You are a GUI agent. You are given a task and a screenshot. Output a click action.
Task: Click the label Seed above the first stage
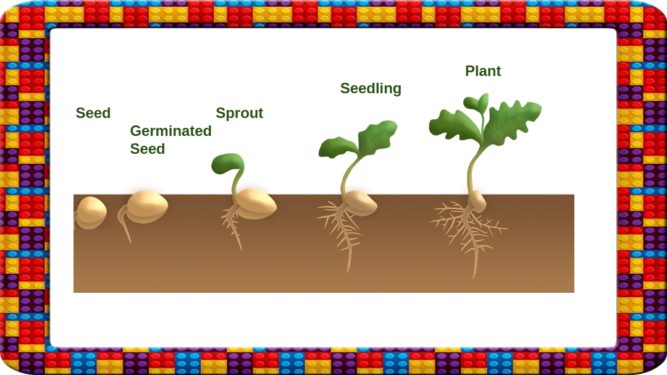(x=93, y=113)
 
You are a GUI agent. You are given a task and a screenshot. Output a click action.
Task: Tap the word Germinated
(x=170, y=131)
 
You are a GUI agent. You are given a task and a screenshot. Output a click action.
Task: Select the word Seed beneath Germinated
(x=148, y=149)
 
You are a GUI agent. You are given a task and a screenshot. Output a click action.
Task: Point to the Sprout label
(x=239, y=113)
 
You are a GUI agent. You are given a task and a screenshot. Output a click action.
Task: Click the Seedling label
(x=371, y=88)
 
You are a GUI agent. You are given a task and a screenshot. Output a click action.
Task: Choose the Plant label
(x=483, y=71)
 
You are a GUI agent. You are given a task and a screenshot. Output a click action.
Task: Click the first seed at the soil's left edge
(x=91, y=211)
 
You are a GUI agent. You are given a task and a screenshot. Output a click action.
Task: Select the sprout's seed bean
(x=256, y=203)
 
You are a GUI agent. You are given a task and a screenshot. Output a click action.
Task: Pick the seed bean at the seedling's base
(x=360, y=202)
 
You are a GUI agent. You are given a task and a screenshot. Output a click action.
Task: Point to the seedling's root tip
(x=349, y=268)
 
